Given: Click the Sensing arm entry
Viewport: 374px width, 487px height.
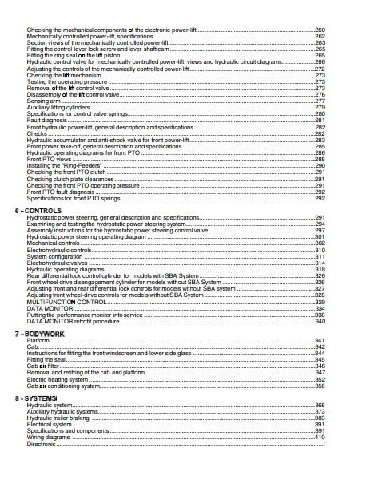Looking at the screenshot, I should click(x=42, y=101).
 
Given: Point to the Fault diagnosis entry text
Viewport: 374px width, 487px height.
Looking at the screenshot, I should click(x=46, y=121).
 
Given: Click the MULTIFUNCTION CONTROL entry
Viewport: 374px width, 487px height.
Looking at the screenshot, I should click(x=66, y=302).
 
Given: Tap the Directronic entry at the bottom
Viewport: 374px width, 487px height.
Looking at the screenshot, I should click(x=42, y=445).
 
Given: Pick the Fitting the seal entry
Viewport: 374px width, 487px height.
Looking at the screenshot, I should click(x=47, y=359).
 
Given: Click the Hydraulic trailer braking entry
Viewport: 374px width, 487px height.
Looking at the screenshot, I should click(x=58, y=418).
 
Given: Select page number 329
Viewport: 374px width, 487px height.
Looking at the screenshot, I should click(x=320, y=302).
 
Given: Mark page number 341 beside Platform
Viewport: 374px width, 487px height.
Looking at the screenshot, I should click(x=320, y=340).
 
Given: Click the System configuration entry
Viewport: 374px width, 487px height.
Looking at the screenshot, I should click(x=55, y=256).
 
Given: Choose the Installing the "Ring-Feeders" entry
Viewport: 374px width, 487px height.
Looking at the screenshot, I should click(x=61, y=165).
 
